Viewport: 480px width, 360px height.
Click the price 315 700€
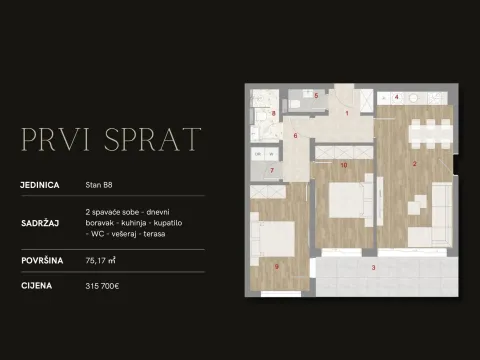coord(103,285)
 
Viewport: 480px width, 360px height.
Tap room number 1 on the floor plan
coord(347,114)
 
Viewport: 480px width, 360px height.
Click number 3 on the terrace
coord(373,268)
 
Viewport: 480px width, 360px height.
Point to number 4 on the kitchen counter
coord(397,97)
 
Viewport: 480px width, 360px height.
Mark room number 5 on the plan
coord(316,96)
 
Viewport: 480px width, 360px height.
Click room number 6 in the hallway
coord(296,135)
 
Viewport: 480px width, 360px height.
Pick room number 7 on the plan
coord(273,171)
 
